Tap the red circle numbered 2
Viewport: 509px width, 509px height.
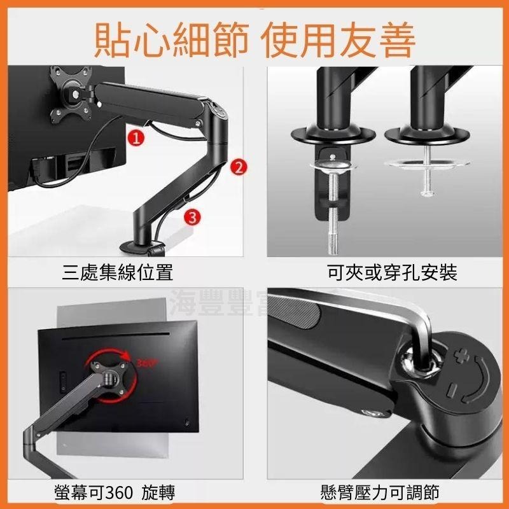coord(237,167)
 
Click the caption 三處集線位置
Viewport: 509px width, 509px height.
coord(118,274)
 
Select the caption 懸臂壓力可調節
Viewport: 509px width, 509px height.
coord(380,491)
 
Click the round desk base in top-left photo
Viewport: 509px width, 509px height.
coord(141,246)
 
